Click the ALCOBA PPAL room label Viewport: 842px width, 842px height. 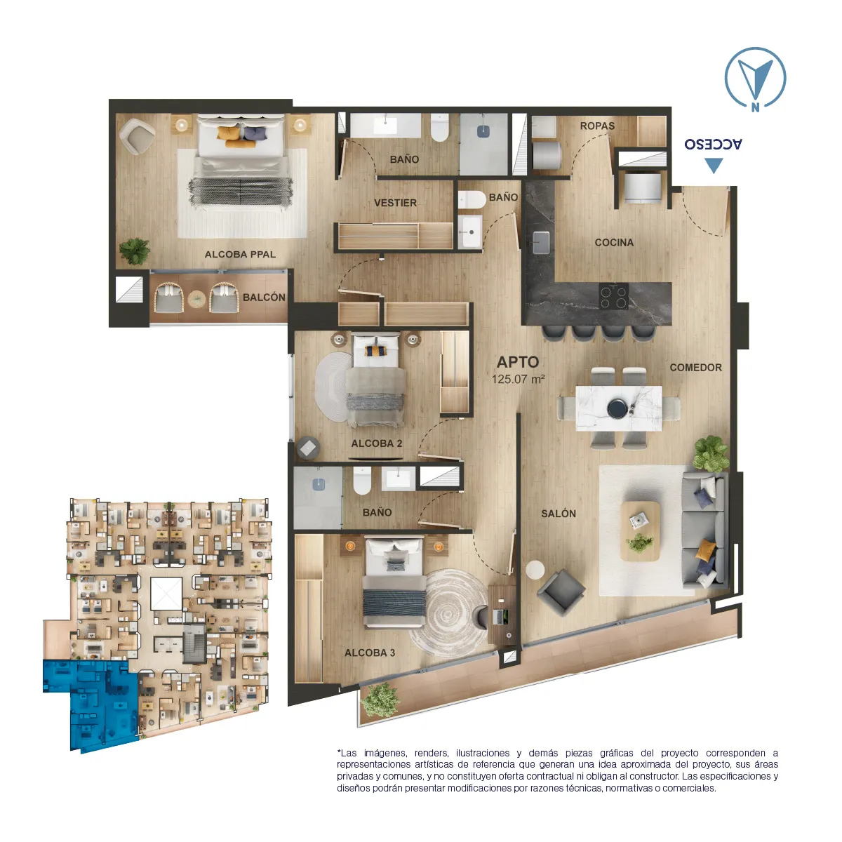(x=240, y=254)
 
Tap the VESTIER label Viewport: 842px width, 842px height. (x=395, y=203)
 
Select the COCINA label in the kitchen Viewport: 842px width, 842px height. (x=613, y=243)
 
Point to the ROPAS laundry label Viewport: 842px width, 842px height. (x=597, y=126)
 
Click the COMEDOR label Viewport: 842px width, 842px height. (x=695, y=368)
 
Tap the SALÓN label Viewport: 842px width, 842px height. (x=558, y=514)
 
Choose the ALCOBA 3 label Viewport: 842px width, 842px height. (x=369, y=653)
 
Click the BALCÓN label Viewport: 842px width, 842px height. (x=264, y=297)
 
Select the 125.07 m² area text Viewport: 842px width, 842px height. (x=518, y=379)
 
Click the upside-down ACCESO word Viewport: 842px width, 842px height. (x=713, y=144)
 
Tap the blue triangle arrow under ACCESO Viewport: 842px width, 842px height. (x=714, y=166)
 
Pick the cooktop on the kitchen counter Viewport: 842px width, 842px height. (x=613, y=296)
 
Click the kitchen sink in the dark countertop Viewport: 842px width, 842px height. (x=541, y=243)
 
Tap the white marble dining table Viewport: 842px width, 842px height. (x=618, y=408)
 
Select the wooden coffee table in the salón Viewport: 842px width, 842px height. (x=640, y=531)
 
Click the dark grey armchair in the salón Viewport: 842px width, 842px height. (x=561, y=592)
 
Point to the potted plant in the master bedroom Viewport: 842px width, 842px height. (x=135, y=251)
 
